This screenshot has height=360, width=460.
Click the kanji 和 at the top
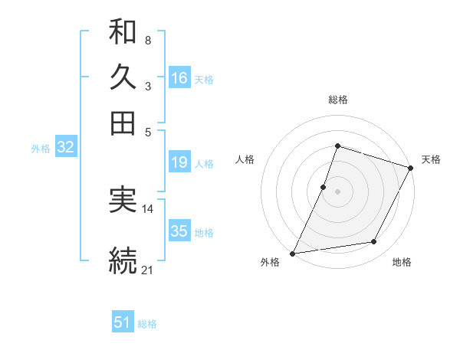pos(123,33)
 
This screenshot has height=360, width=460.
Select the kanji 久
pos(123,77)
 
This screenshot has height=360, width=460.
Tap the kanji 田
pos(123,123)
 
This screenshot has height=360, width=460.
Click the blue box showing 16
pos(179,78)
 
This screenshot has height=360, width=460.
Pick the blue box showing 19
pos(179,162)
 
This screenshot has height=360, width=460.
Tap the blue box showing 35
pos(179,231)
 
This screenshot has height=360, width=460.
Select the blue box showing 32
pos(65,148)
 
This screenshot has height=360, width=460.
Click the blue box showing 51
pos(123,322)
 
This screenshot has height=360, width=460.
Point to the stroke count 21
pos(148,269)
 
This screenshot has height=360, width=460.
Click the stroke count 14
pos(148,208)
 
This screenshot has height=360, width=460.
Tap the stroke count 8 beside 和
pos(147,40)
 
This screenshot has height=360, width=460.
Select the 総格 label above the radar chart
pos(337,100)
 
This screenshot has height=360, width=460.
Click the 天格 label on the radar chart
pos(431,159)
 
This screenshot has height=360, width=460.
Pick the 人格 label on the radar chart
pos(245,159)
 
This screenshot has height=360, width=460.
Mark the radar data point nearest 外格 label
pos(292,253)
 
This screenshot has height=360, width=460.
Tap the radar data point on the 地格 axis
pos(374,242)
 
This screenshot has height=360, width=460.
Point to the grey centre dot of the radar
pos(337,191)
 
